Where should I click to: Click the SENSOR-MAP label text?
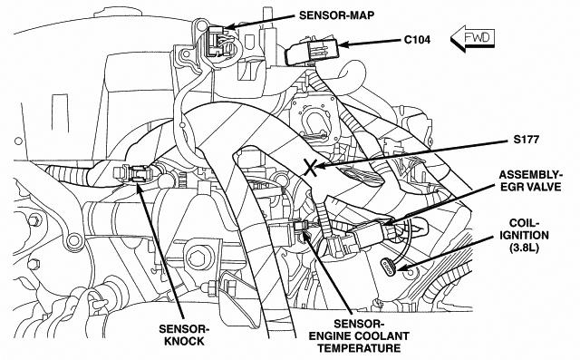coord(336,15)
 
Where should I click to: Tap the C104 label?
coord(417,40)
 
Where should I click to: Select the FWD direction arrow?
coord(472,38)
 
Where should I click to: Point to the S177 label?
coord(526,140)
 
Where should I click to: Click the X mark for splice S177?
coord(311,167)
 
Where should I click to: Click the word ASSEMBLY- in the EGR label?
coord(530,175)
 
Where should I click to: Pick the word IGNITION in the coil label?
coord(524,235)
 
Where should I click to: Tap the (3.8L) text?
coord(524,248)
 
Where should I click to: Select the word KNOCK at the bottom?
coord(184,341)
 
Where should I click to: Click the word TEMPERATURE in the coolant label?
coord(359,348)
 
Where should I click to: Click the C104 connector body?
coord(312,52)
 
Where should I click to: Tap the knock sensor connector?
coord(133,173)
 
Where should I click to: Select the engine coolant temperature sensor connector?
coord(300,229)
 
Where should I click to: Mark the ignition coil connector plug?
coord(389,268)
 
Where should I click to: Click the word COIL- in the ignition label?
coord(524,223)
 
